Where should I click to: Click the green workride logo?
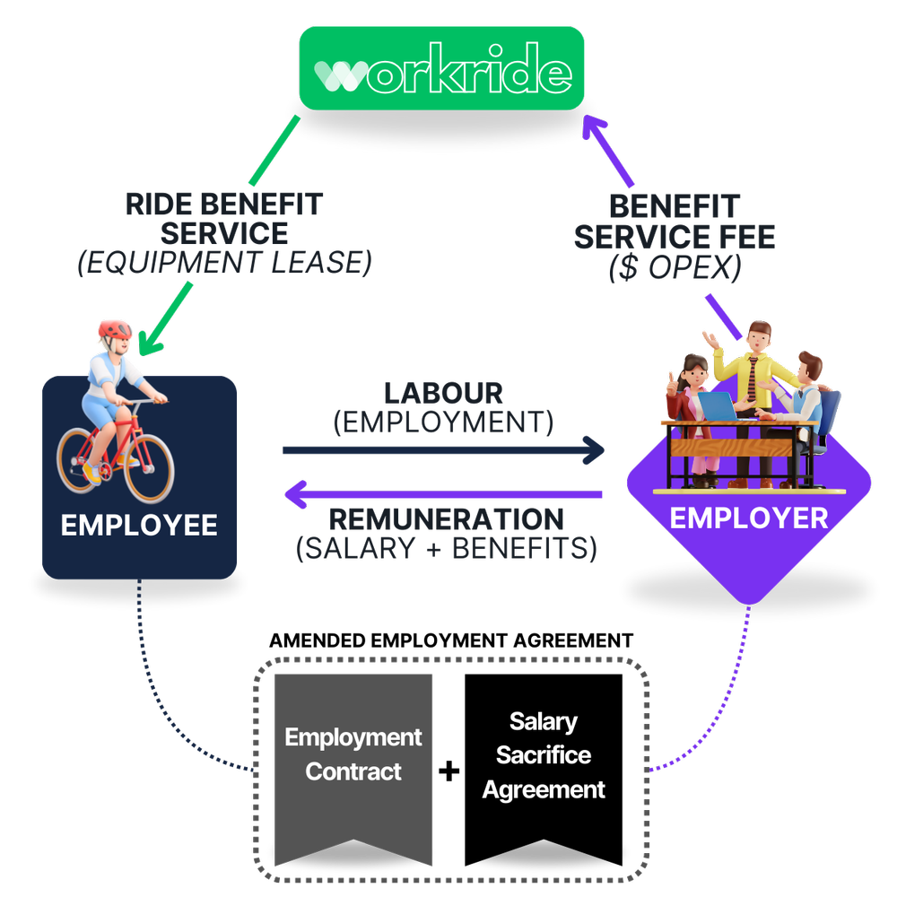pyautogui.click(x=441, y=68)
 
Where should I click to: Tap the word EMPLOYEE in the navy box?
pyautogui.click(x=139, y=525)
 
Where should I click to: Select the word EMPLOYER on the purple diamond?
pyautogui.click(x=749, y=518)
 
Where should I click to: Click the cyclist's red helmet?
pyautogui.click(x=115, y=329)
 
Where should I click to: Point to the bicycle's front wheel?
pyautogui.click(x=149, y=466)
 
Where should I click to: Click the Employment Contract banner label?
pyautogui.click(x=353, y=754)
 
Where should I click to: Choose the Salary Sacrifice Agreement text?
pyautogui.click(x=544, y=755)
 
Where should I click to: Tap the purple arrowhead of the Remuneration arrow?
pyautogui.click(x=296, y=493)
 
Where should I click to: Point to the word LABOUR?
pyautogui.click(x=443, y=393)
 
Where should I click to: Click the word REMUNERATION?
pyautogui.click(x=447, y=519)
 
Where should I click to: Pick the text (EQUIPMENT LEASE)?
pyautogui.click(x=223, y=263)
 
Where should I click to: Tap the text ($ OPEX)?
pyautogui.click(x=675, y=268)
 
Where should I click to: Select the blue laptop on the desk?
pyautogui.click(x=718, y=406)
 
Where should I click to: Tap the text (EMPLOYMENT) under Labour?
pyautogui.click(x=443, y=422)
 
